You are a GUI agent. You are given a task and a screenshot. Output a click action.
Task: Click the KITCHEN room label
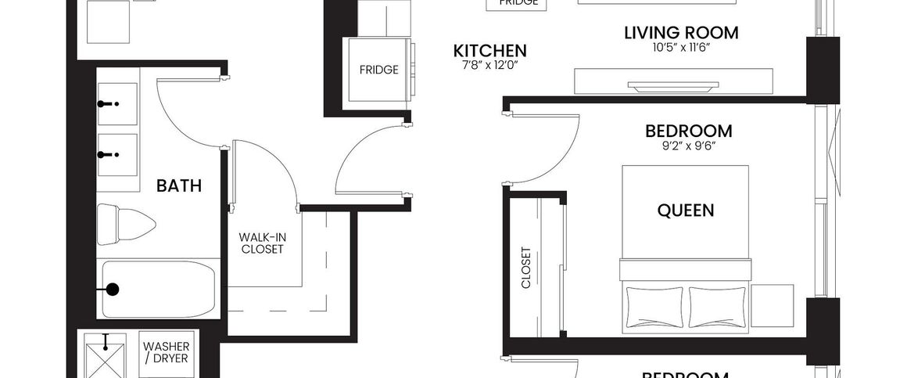[x=490, y=51]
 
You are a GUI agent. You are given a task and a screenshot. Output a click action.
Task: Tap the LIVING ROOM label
[x=681, y=33]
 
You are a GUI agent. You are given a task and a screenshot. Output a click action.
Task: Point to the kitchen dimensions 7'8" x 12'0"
[x=490, y=64]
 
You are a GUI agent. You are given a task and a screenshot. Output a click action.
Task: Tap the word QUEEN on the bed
[x=685, y=210]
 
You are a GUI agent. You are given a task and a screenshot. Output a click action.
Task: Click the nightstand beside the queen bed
[x=771, y=305]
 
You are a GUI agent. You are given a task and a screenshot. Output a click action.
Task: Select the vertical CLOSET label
[x=525, y=268]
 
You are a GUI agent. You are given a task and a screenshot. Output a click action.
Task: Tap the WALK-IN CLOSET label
[x=261, y=243]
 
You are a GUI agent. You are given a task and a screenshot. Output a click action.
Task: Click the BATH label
[x=179, y=186]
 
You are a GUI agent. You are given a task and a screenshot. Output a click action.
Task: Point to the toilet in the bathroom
[x=125, y=224]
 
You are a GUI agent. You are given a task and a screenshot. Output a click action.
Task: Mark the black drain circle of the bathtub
[x=113, y=290]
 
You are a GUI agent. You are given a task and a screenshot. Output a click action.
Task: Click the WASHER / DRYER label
[x=164, y=352]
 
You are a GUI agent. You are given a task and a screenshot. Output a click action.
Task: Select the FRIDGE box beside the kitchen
[x=378, y=70]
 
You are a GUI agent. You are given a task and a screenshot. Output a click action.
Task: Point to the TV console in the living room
[x=673, y=81]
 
